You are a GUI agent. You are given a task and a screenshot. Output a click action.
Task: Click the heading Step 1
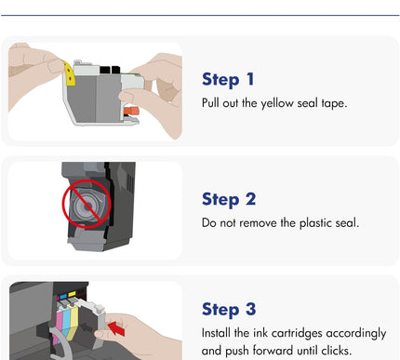point(228,79)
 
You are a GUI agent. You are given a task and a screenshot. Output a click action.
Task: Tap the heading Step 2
point(229,199)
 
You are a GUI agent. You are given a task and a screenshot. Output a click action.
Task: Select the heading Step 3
point(229,309)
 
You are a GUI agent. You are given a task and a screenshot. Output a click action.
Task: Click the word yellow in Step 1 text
point(277,103)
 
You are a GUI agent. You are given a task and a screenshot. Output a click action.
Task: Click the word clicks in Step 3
point(336,351)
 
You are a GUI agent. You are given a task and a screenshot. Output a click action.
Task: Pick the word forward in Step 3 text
point(273,351)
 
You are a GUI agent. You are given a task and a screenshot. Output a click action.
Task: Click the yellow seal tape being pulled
point(70,73)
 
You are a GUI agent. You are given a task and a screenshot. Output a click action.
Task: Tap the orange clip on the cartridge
point(131,111)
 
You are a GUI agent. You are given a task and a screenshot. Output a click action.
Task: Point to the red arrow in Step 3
point(116,328)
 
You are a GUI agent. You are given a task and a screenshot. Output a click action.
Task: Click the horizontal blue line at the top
point(200,15)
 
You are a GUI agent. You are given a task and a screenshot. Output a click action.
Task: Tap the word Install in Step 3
point(217,333)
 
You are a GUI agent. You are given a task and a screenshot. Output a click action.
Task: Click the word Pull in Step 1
point(210,103)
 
